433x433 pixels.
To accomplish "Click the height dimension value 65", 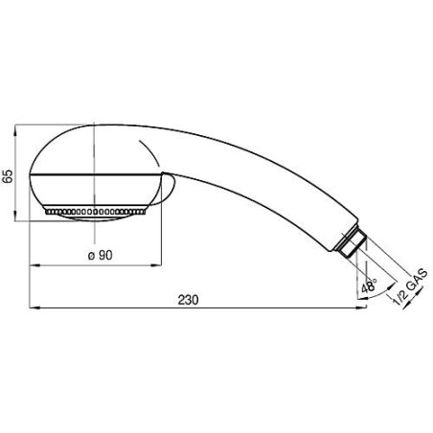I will pos(8,174).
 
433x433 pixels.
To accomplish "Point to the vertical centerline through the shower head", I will pos(95,163).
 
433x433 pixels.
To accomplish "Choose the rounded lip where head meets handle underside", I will pos(170,189).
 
